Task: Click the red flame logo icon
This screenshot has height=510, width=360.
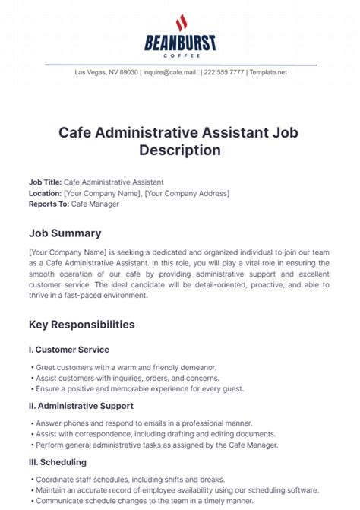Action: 181,22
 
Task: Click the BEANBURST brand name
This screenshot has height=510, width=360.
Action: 180,43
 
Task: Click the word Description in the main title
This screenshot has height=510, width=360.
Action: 180,150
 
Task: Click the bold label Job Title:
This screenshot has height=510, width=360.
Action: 45,182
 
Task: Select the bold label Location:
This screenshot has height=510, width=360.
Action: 45,193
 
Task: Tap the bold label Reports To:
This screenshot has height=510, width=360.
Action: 49,204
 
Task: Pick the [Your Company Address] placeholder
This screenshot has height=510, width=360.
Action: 187,193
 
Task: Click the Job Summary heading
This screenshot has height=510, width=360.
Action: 65,233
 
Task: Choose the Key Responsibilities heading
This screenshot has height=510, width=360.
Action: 82,325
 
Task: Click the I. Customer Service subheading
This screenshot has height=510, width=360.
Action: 69,350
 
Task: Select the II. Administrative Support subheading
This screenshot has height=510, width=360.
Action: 81,406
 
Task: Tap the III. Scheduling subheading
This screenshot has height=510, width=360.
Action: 58,461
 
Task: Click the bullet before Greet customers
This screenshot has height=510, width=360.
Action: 31,366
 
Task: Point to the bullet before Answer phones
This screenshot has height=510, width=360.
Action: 31,423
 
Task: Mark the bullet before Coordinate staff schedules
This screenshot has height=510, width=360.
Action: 31,479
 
